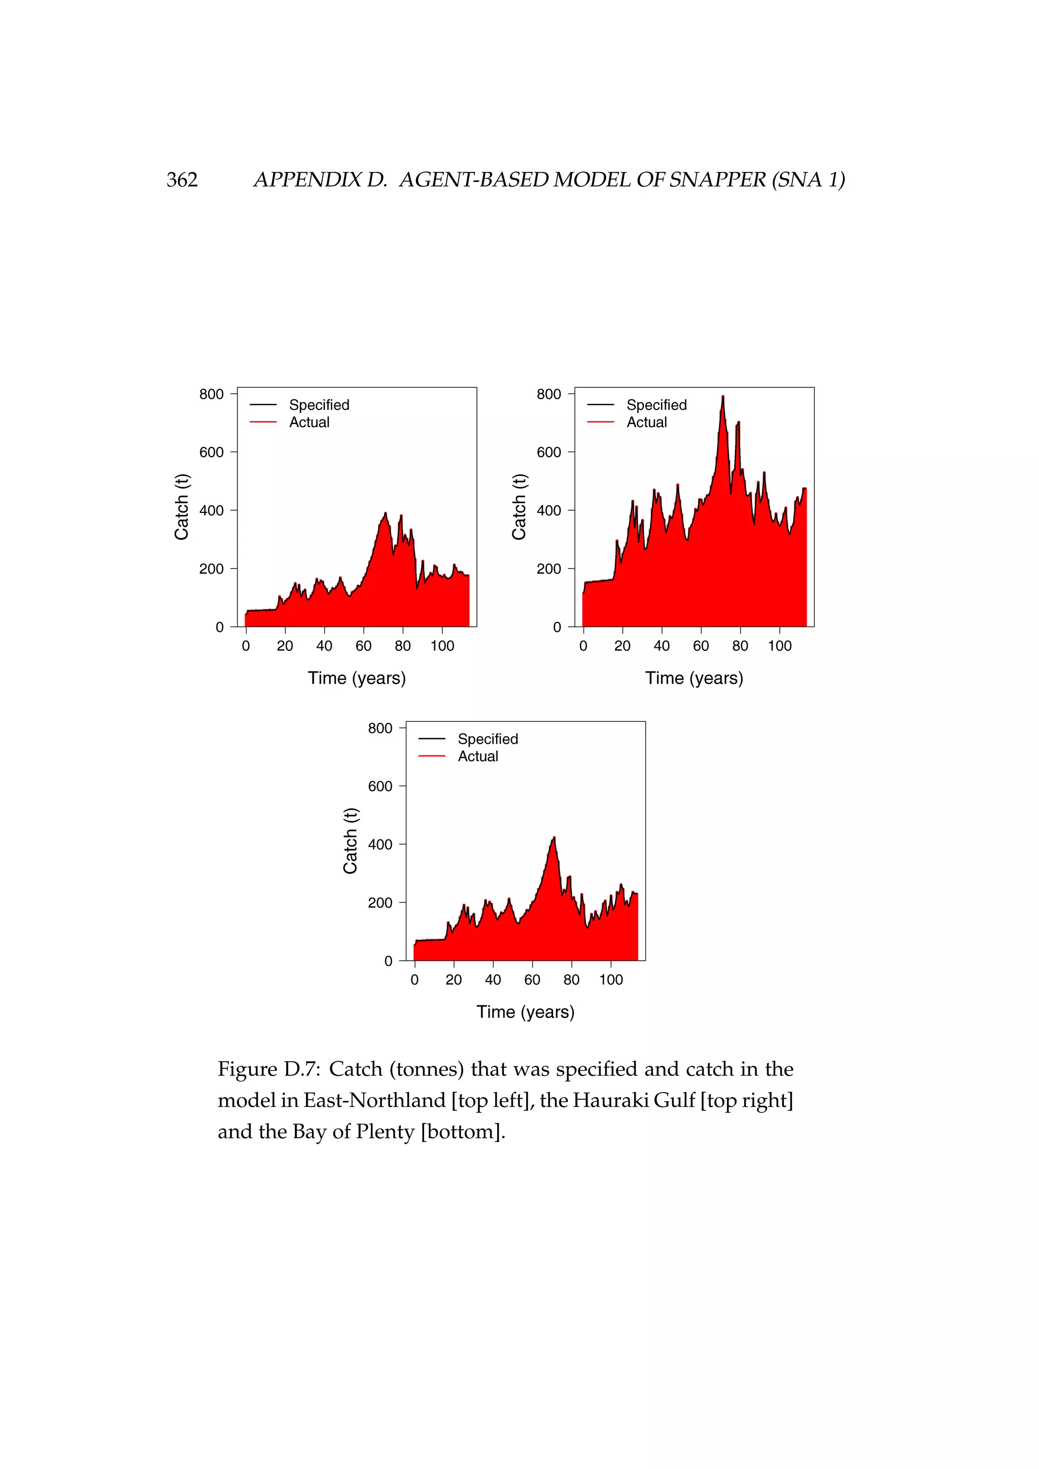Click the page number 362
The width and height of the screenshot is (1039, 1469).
point(182,180)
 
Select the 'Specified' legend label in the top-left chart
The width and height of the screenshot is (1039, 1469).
point(319,405)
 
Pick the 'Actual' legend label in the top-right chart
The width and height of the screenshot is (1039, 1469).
point(646,422)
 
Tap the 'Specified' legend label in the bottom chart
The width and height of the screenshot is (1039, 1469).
point(488,739)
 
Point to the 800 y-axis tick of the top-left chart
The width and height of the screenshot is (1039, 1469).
point(211,394)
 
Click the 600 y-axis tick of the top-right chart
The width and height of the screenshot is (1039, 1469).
point(549,452)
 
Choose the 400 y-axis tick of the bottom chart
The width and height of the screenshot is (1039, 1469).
point(380,845)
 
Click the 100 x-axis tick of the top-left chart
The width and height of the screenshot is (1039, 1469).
point(442,646)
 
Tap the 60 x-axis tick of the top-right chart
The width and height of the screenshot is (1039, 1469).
point(701,646)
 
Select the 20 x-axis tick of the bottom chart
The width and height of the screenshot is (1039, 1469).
point(454,980)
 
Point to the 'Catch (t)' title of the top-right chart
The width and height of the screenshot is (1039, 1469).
point(519,507)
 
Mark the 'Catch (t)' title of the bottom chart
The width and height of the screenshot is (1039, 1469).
point(350,841)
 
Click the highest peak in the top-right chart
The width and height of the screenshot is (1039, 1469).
point(722,397)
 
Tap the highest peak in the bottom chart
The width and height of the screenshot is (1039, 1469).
point(554,837)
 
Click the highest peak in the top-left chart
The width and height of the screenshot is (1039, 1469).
point(385,513)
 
